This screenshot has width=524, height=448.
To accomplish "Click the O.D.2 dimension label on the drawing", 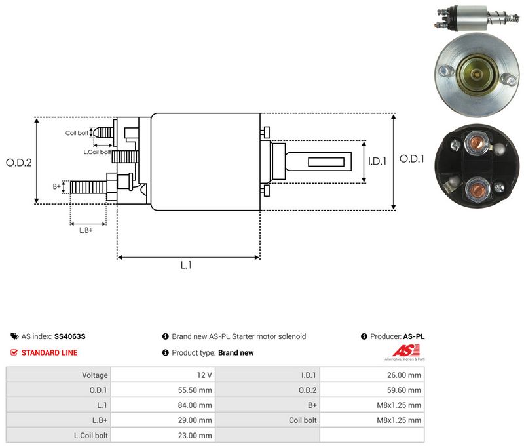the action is click(x=19, y=163).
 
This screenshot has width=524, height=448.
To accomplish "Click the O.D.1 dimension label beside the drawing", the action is click(x=412, y=159).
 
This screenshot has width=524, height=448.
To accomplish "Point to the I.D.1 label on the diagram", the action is click(x=377, y=161).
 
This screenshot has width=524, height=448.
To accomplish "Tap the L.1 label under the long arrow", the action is click(x=186, y=265).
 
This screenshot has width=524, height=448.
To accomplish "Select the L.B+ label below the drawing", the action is click(x=86, y=230).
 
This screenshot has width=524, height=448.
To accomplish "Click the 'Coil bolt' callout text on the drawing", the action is click(x=77, y=133).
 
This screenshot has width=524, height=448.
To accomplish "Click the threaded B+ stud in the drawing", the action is click(x=88, y=187).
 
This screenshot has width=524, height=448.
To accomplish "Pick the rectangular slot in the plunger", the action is click(x=326, y=162).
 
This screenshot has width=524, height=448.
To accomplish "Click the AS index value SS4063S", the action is click(x=70, y=336).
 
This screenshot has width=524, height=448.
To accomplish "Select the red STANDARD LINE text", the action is click(x=50, y=353).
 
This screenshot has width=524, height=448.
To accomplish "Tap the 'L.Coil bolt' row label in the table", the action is click(x=91, y=436).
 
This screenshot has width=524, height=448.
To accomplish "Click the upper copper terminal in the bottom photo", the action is click(x=476, y=142).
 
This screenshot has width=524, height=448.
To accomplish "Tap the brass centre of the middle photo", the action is click(x=476, y=73).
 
